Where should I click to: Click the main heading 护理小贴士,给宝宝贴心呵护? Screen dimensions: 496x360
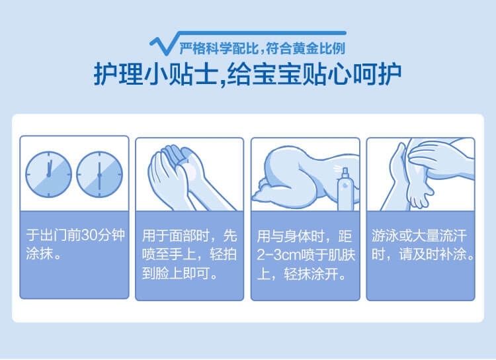click(x=247, y=75)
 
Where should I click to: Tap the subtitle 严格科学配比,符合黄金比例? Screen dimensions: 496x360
click(x=263, y=48)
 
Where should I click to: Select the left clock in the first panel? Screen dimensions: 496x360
click(x=49, y=175)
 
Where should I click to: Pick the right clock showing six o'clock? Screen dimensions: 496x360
click(x=99, y=175)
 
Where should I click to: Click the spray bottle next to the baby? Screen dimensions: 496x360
click(x=345, y=190)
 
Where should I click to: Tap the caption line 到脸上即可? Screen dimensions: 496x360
click(x=180, y=273)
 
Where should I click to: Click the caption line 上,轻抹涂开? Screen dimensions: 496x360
click(x=302, y=274)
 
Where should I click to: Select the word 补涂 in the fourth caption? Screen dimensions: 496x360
click(x=453, y=254)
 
